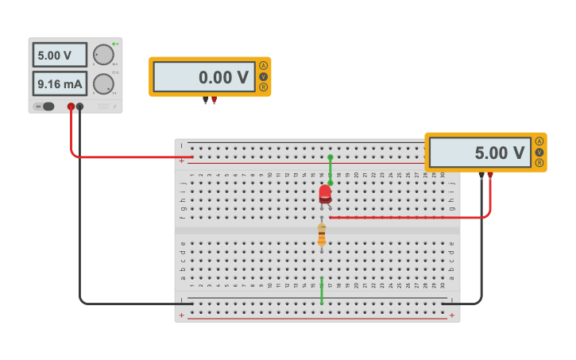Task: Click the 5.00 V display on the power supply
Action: tap(60, 55)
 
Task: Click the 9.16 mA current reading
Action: tap(60, 83)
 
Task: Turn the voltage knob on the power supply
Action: tap(102, 54)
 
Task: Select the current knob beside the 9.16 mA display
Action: tap(102, 83)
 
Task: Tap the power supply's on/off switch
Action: tap(46, 106)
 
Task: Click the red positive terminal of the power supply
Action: tap(71, 106)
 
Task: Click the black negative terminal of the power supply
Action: tap(79, 106)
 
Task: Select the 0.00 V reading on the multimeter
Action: tap(204, 77)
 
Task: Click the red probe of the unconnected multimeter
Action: tap(214, 100)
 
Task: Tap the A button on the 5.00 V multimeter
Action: tap(539, 141)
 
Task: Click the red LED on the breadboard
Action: tap(325, 193)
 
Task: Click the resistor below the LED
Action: tap(322, 234)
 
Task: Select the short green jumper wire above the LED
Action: tap(331, 169)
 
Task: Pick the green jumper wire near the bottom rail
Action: tap(322, 291)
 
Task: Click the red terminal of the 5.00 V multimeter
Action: tap(490, 175)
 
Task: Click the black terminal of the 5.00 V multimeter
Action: tap(481, 175)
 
